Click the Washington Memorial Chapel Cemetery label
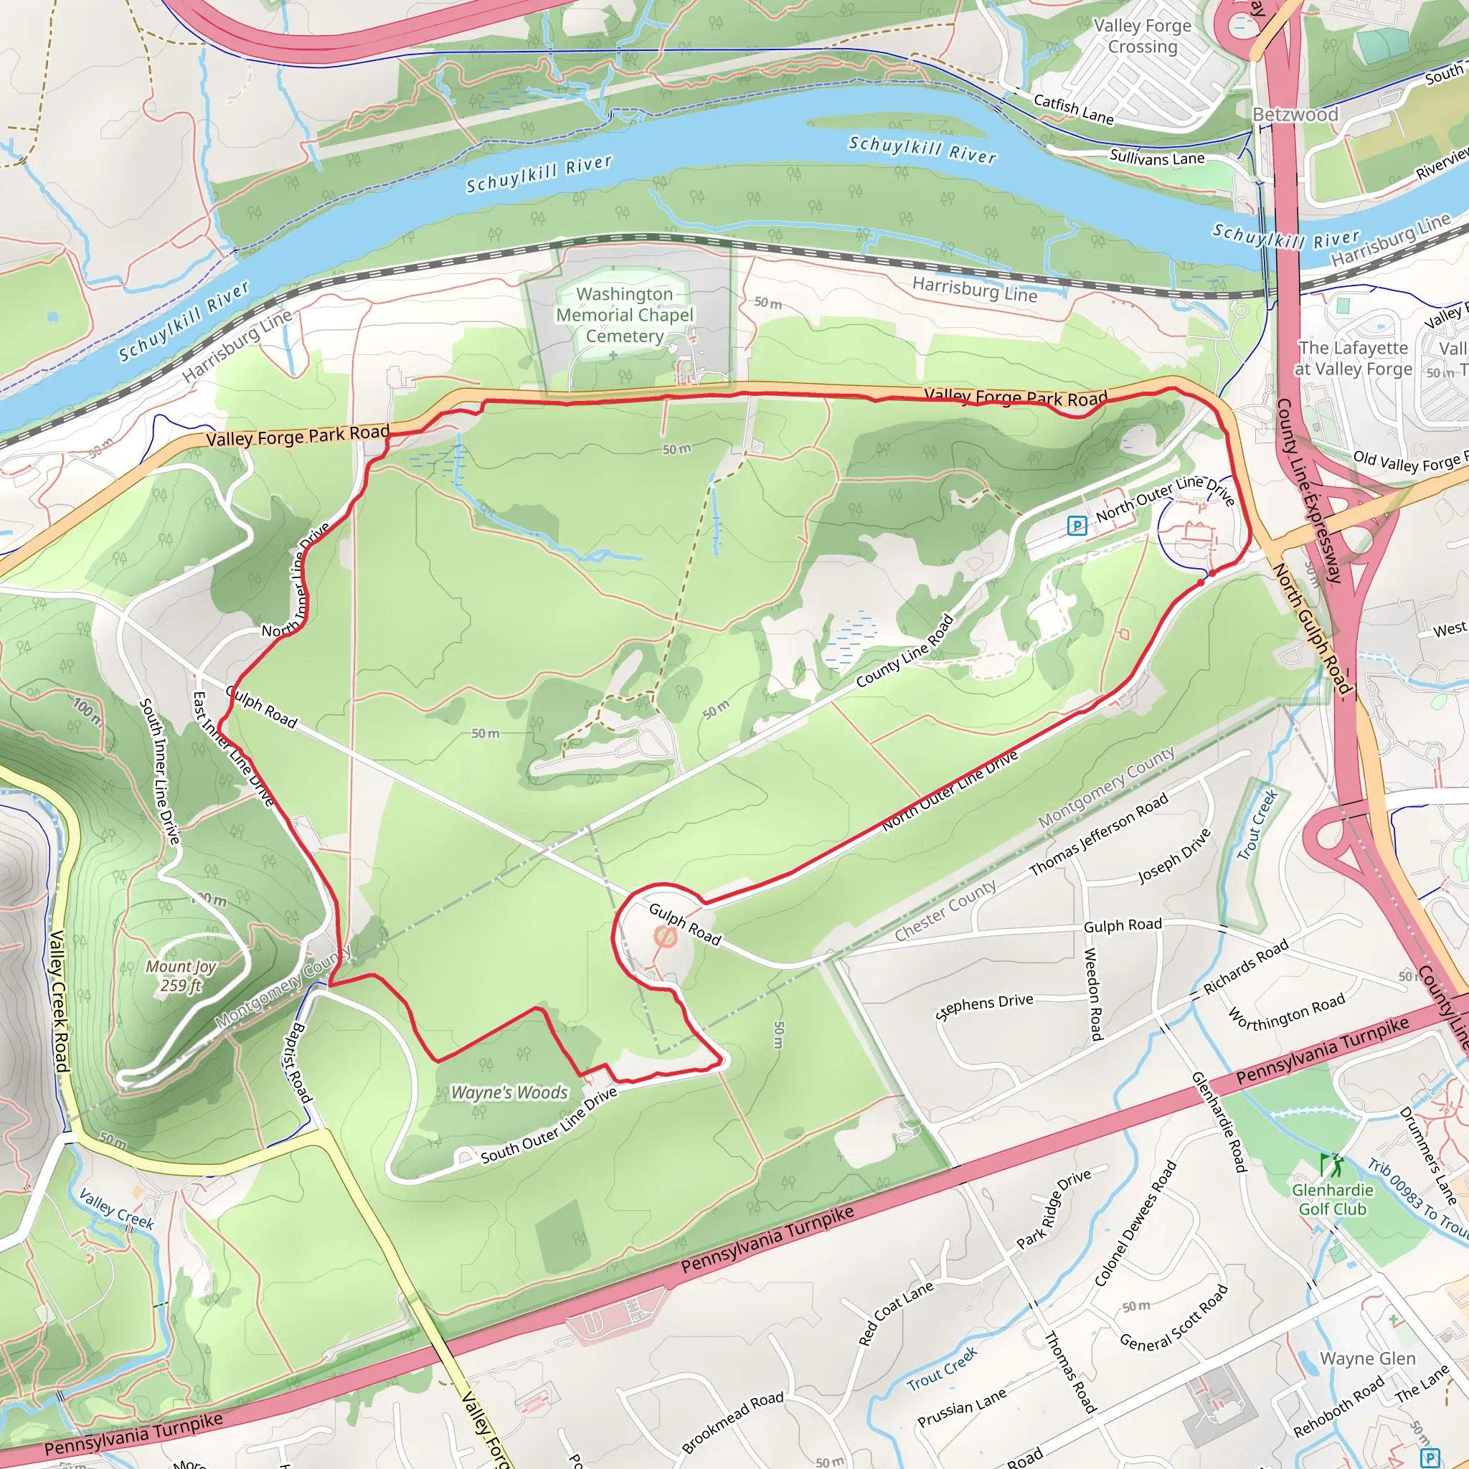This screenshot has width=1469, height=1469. pos(624,315)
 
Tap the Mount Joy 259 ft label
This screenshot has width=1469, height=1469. pos(181,976)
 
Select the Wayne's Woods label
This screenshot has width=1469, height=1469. pos(509,1092)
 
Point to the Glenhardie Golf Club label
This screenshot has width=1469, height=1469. pos(1332,1199)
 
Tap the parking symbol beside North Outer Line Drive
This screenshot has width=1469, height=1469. pos(1077,525)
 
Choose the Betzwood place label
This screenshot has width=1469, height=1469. pos(1295,115)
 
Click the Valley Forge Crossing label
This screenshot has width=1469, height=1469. pos(1142,36)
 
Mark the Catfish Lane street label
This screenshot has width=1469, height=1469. pos(1074,109)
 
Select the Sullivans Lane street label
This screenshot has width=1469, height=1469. pos(1157,157)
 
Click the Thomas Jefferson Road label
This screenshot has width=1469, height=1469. pos(1098,835)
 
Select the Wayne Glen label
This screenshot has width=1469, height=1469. pos(1367,1358)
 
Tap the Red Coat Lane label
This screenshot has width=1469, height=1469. pos(896,1313)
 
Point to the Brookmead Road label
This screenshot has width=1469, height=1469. pos(732,1421)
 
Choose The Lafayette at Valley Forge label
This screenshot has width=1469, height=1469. pos(1354,358)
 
